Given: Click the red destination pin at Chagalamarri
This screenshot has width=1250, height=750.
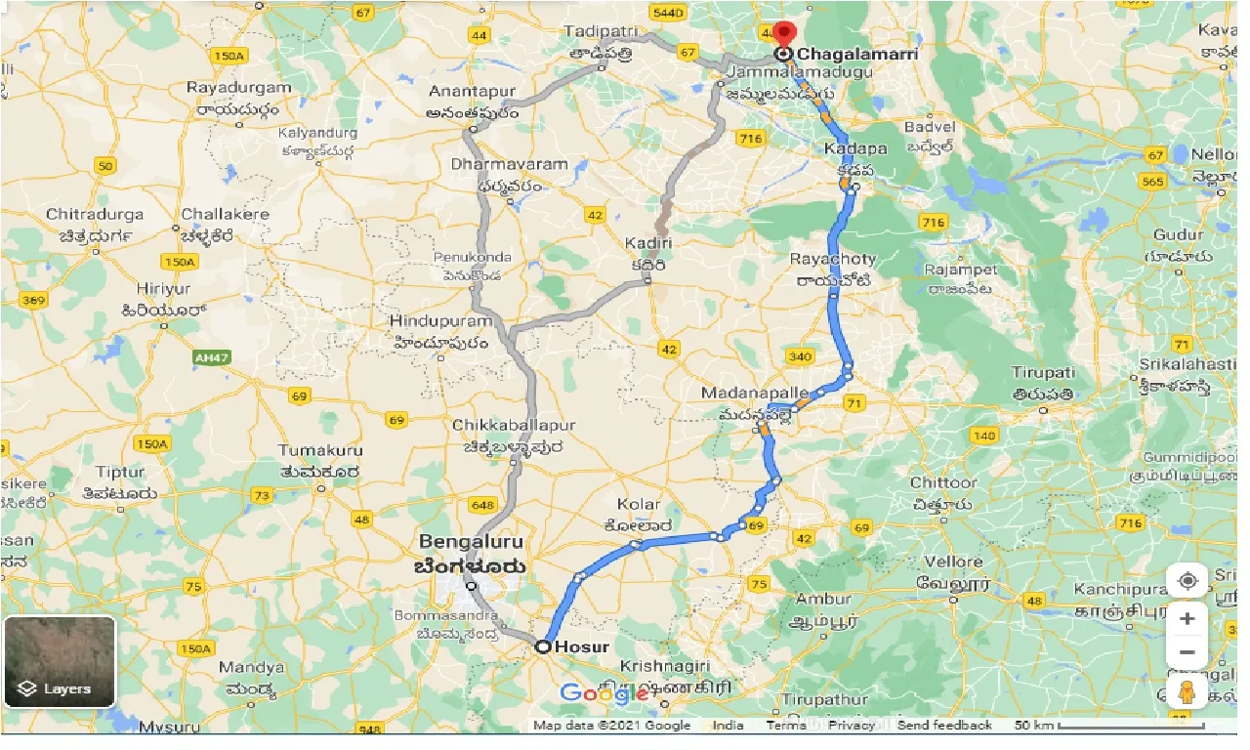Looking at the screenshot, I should tap(783, 32).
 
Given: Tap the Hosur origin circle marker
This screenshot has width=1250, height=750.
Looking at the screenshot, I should tap(543, 646).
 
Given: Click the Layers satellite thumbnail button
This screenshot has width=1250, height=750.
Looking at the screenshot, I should tap(60, 661).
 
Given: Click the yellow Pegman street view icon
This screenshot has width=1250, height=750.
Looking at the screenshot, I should tap(1187, 692).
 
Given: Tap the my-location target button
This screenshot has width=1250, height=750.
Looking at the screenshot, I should tap(1187, 581).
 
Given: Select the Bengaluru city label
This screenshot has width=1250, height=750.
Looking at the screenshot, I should tap(471, 542).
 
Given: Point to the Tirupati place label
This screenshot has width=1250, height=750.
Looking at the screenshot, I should tap(1043, 373).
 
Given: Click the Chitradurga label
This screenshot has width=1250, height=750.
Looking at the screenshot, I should tap(94, 215).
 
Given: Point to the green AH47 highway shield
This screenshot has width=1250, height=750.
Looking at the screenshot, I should tap(211, 359).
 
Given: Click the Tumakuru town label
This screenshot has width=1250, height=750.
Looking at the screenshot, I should tap(320, 450).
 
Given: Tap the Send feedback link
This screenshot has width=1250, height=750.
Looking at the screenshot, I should tap(944, 726).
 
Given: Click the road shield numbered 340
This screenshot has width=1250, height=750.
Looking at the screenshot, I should tap(800, 356).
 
